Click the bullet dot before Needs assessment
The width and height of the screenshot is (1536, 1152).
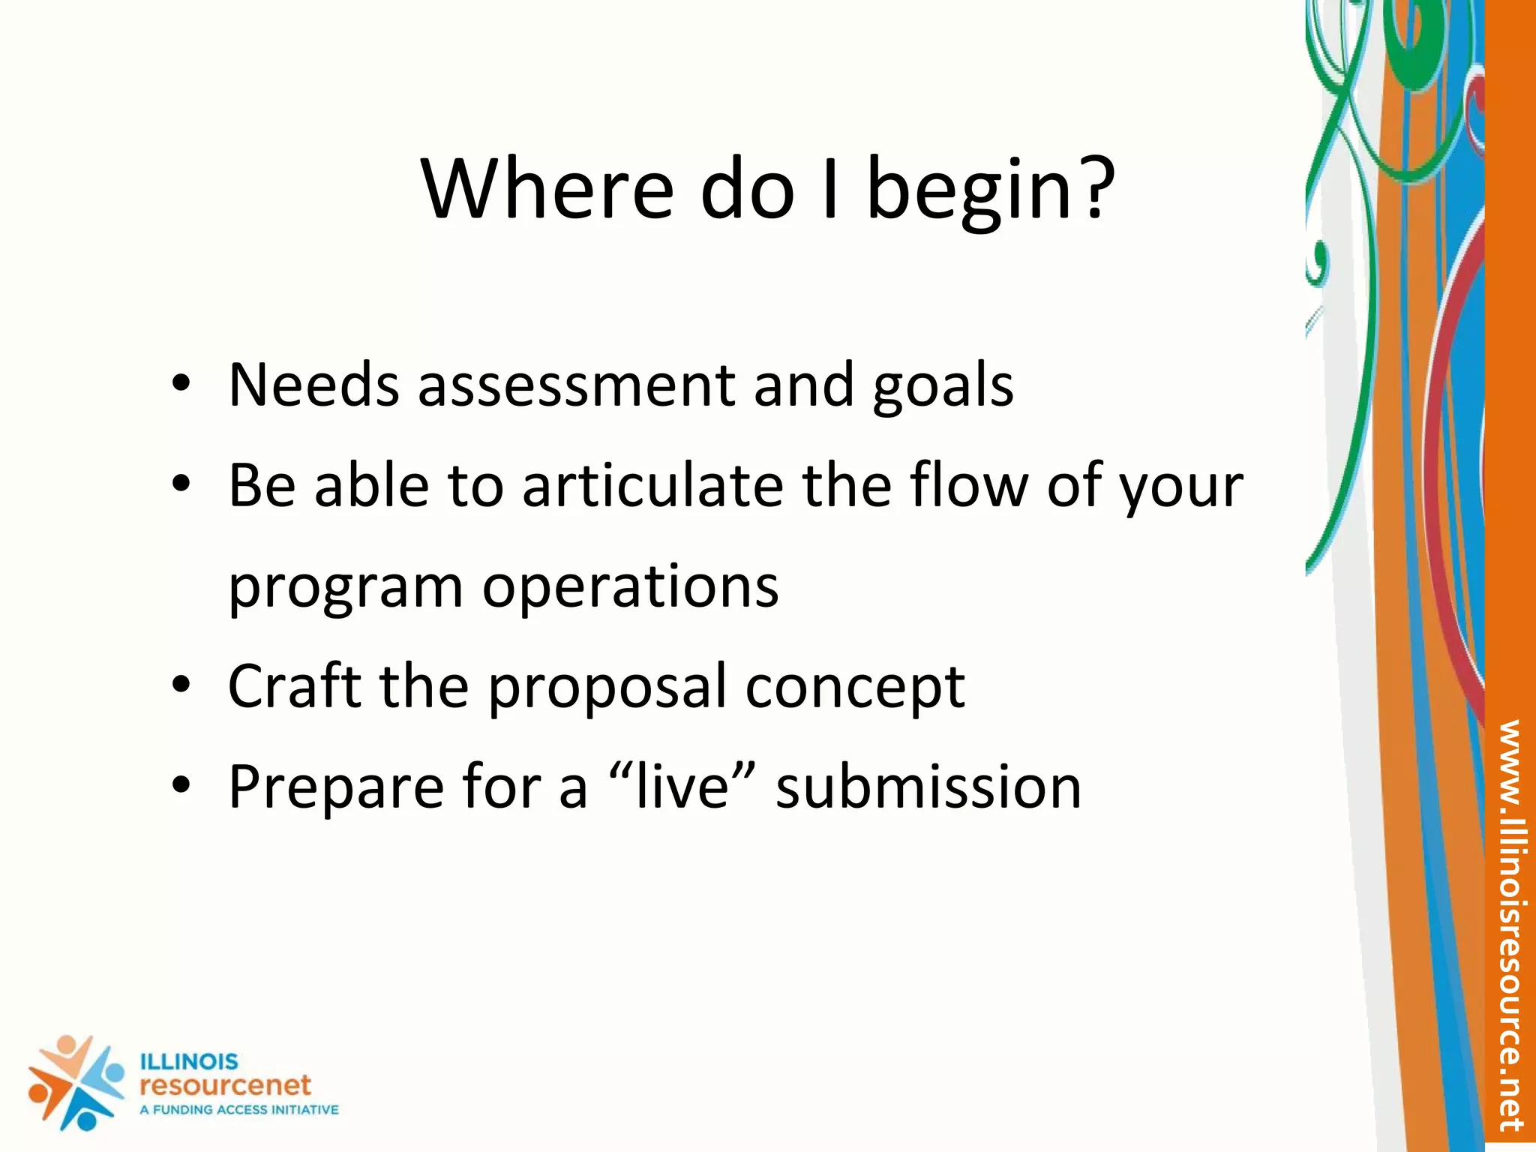point(181,384)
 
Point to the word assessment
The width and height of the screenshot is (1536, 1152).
point(576,385)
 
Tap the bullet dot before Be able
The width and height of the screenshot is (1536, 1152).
point(181,484)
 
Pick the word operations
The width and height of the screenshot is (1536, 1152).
point(630,588)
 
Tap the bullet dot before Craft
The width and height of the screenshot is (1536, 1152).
point(181,685)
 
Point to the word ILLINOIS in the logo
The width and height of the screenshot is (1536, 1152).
point(189,1062)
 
